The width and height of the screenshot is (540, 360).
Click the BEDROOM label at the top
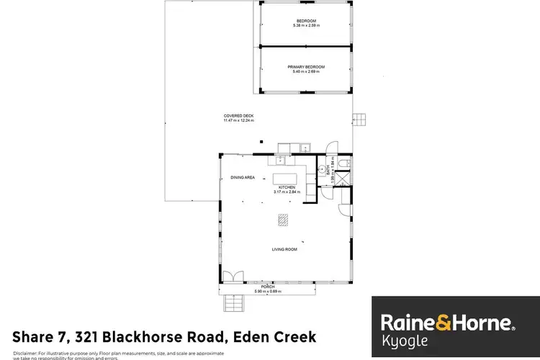tap(306, 21)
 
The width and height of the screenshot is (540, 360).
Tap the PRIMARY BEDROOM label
tap(306, 67)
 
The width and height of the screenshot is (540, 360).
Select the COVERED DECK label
tap(238, 116)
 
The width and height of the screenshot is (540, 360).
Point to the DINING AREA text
tap(243, 177)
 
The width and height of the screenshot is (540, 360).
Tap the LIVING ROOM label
tap(284, 250)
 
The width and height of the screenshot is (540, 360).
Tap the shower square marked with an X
tap(345, 179)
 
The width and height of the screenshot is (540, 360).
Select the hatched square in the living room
tap(283, 221)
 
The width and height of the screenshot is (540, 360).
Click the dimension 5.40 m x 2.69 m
tap(306, 71)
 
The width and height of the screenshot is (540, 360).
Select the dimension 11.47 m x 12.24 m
tap(238, 120)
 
